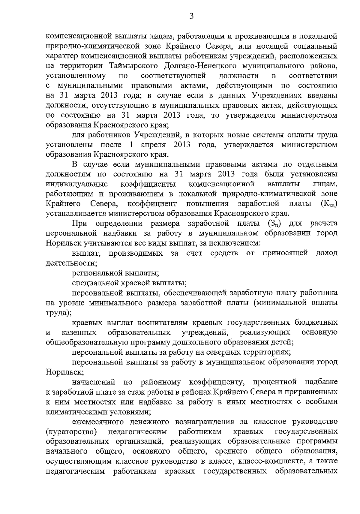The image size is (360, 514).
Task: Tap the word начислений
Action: tap(94, 382)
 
